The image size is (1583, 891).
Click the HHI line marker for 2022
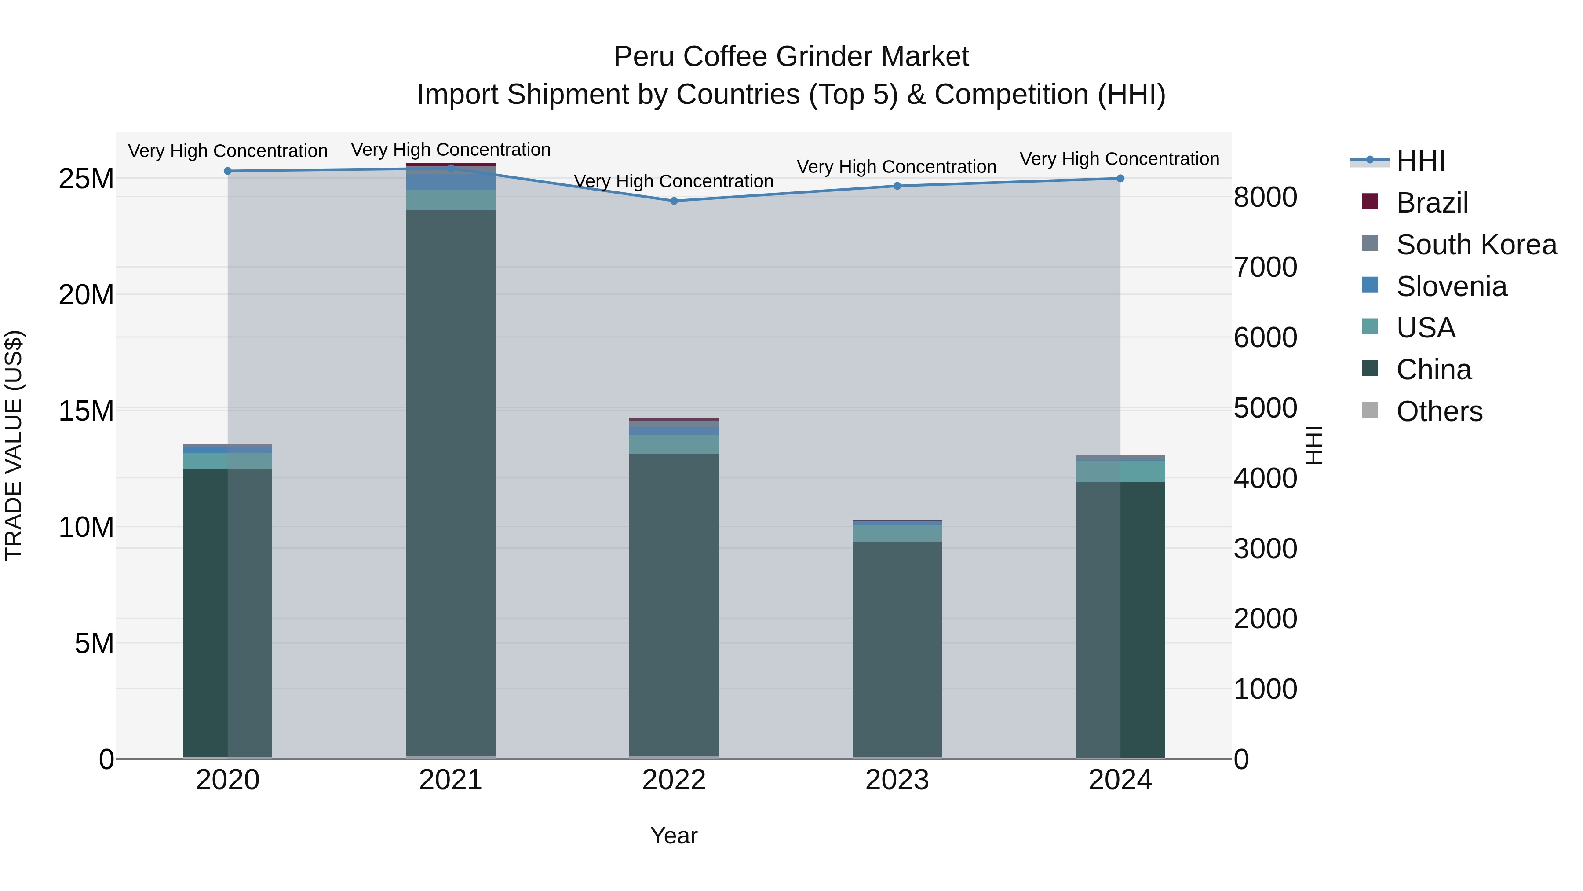[x=674, y=201]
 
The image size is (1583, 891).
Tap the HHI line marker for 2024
[x=1120, y=178]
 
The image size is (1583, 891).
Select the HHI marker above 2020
[x=227, y=171]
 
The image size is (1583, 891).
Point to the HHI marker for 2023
[x=897, y=186]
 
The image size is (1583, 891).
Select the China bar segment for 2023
[x=897, y=649]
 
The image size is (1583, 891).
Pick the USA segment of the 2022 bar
[x=674, y=444]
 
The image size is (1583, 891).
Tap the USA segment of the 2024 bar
[x=1120, y=472]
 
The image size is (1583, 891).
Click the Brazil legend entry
[x=1432, y=203]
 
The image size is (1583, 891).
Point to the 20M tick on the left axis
[x=87, y=295]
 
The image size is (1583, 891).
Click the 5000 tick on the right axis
[x=1265, y=408]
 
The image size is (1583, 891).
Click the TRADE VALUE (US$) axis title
[x=14, y=446]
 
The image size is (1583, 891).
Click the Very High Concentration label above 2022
[x=674, y=181]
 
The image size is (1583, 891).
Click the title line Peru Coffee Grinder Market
[x=791, y=57]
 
